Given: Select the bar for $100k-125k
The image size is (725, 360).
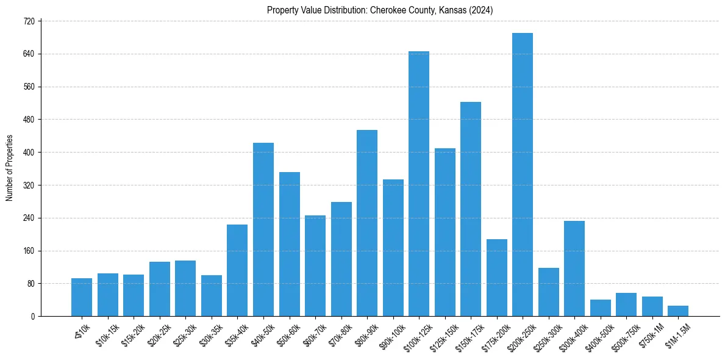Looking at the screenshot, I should pos(418,184).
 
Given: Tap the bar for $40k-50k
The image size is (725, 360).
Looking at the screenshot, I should pos(263,229).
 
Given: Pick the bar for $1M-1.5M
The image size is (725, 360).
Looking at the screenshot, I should pos(677,311).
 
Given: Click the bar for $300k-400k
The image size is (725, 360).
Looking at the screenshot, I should pos(574,268).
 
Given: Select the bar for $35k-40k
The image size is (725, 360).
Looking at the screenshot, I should pos(237,270).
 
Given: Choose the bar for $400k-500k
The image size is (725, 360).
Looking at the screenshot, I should pos(600,308).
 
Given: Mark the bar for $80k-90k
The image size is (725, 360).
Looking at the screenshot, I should pos(366,223).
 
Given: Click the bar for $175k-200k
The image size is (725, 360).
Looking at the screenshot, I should pos(496,278).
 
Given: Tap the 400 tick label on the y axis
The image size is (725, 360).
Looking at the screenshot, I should pos(30,152).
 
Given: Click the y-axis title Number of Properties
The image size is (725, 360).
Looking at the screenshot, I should pos(10,168).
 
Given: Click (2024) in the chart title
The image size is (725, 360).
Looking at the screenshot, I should pos(481,10).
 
